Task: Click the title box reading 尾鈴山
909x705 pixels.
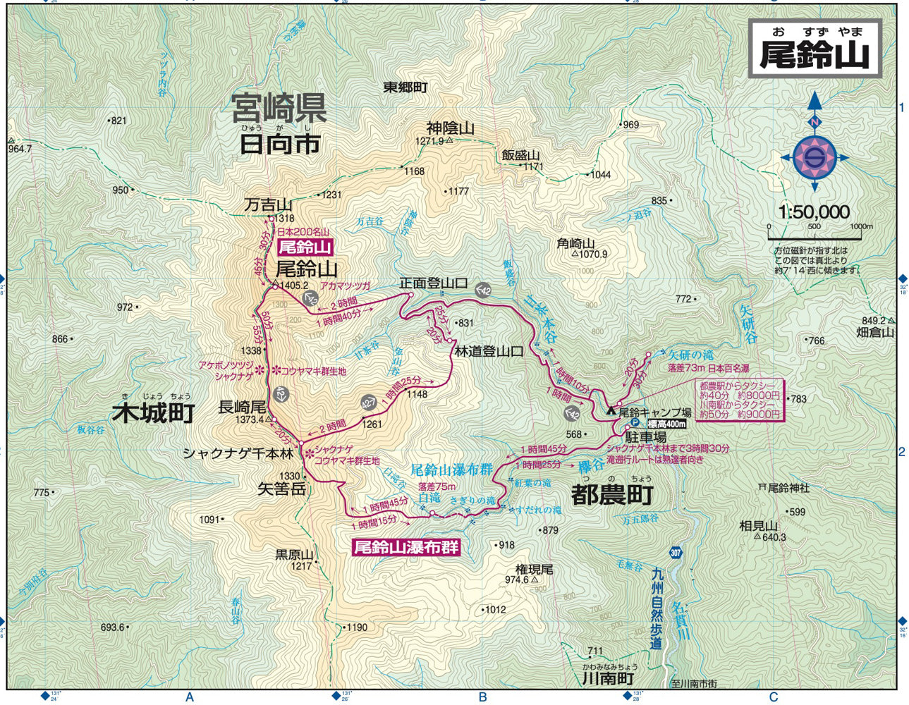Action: (x=815, y=49)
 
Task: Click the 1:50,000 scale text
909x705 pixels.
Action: (x=814, y=211)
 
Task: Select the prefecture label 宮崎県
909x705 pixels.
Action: (x=279, y=109)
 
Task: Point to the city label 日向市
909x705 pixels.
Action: (x=279, y=145)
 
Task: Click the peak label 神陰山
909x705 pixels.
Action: (x=450, y=128)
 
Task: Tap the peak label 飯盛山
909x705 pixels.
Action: (x=520, y=155)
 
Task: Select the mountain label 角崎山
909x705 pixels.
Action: (x=576, y=243)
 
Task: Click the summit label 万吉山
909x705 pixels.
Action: (x=268, y=205)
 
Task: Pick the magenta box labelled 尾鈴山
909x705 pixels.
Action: (x=305, y=247)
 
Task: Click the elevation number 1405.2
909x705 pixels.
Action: (x=294, y=286)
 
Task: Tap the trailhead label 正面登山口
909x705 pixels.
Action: (x=433, y=283)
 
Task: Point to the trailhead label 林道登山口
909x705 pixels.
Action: (x=488, y=351)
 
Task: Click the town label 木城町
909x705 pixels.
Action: (x=153, y=413)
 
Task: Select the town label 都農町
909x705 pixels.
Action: (x=612, y=495)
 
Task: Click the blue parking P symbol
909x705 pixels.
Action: (x=634, y=423)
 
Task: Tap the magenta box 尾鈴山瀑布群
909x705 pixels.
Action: (x=405, y=547)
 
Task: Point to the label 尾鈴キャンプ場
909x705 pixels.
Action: (x=654, y=412)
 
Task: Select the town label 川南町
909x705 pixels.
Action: (x=608, y=678)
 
